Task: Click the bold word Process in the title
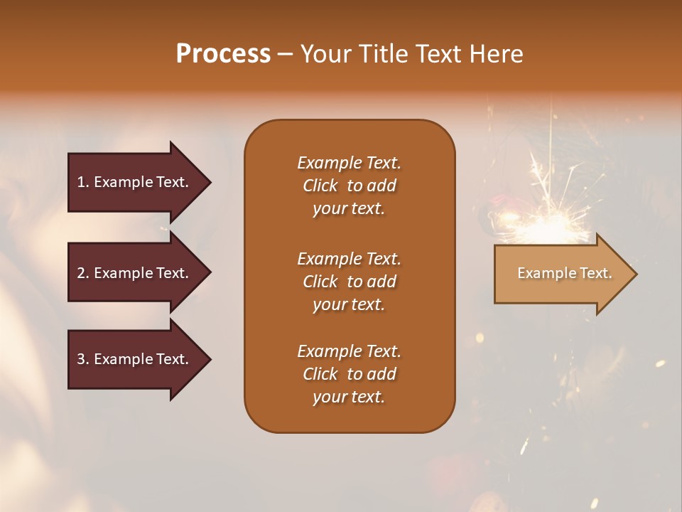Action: (x=223, y=54)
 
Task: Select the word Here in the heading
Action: (x=496, y=54)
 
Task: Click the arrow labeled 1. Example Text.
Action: (x=135, y=182)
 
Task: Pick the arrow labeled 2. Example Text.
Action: (x=135, y=273)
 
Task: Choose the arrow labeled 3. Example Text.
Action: (x=135, y=360)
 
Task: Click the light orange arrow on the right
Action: (x=561, y=274)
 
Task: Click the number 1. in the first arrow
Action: (x=83, y=182)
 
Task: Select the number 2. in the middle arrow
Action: (x=83, y=273)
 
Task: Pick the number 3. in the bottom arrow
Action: (x=83, y=360)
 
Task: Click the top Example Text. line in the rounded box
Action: (x=349, y=163)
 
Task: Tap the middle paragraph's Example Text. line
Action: (x=349, y=259)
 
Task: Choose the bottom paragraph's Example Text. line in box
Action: (x=349, y=351)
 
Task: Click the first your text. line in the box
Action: (x=349, y=209)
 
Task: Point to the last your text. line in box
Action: (x=349, y=398)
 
